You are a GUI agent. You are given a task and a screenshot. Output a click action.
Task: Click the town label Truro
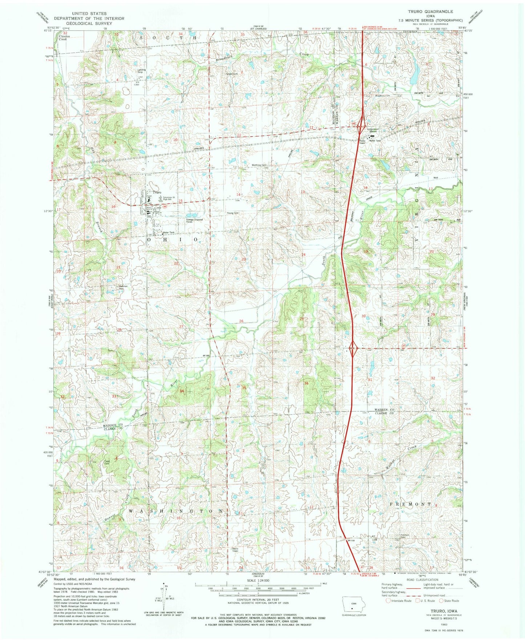point(157,192)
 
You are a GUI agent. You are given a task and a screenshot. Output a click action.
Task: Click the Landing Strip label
point(142,71)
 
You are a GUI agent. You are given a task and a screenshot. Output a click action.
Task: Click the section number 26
point(242,321)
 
